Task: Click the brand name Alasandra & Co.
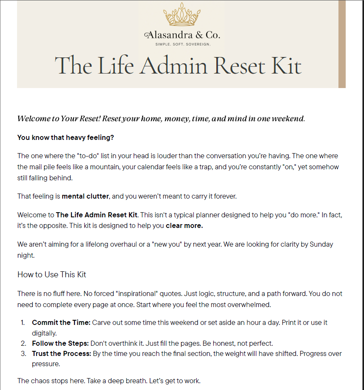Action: pyautogui.click(x=182, y=35)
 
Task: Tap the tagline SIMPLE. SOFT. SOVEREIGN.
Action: pyautogui.click(x=182, y=44)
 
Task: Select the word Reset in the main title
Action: pyautogui.click(x=240, y=66)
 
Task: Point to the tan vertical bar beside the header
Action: pyautogui.click(x=342, y=44)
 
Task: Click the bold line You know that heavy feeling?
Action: pyautogui.click(x=66, y=137)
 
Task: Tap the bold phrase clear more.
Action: pyautogui.click(x=184, y=226)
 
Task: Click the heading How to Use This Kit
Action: pyautogui.click(x=52, y=275)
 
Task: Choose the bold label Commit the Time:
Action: pyautogui.click(x=61, y=323)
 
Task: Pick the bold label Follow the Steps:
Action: pyautogui.click(x=60, y=343)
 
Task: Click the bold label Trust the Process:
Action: pyautogui.click(x=61, y=353)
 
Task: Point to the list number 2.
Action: pyautogui.click(x=23, y=343)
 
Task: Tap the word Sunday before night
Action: pyautogui.click(x=321, y=245)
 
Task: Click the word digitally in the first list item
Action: pyautogui.click(x=44, y=333)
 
